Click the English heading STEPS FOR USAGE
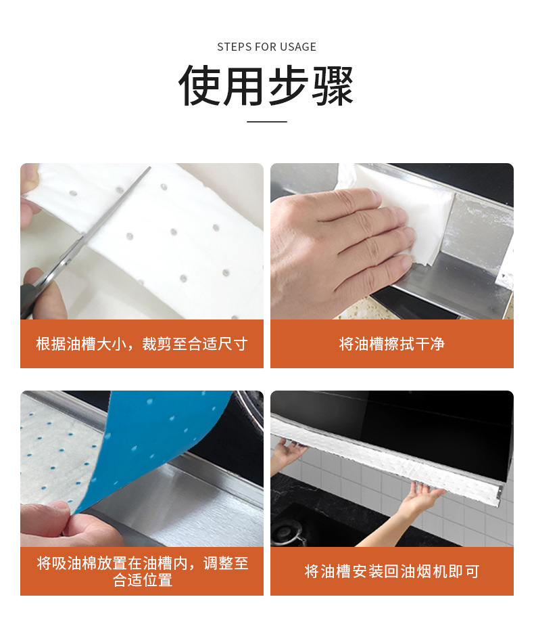tap(266, 47)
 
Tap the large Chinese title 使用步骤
tap(266, 86)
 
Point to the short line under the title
tap(267, 122)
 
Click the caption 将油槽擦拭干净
tap(392, 344)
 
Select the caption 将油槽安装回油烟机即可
tap(392, 571)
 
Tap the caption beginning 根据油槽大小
tap(142, 344)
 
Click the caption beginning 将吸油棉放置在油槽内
tap(143, 571)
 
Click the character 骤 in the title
tap(333, 86)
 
